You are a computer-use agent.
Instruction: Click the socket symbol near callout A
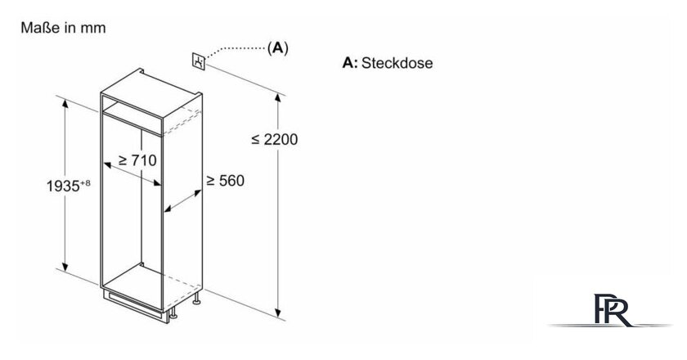[199, 61]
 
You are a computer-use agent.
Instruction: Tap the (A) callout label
[278, 47]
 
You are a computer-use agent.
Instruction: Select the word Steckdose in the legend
[397, 63]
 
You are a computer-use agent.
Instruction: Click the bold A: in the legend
[350, 63]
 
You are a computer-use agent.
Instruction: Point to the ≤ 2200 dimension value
[275, 139]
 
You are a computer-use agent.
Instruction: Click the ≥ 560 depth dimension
[225, 180]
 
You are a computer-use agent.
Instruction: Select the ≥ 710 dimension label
[137, 160]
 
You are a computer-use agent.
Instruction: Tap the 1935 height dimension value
[63, 186]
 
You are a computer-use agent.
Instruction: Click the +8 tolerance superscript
[85, 182]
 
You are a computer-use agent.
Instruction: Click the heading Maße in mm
[64, 28]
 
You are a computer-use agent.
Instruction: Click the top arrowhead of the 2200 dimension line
[278, 98]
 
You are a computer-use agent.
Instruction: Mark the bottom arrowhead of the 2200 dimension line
[278, 312]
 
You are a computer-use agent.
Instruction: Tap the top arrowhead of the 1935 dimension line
[65, 104]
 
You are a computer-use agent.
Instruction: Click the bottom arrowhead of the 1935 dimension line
[65, 266]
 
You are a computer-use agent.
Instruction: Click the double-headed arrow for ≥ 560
[183, 202]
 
